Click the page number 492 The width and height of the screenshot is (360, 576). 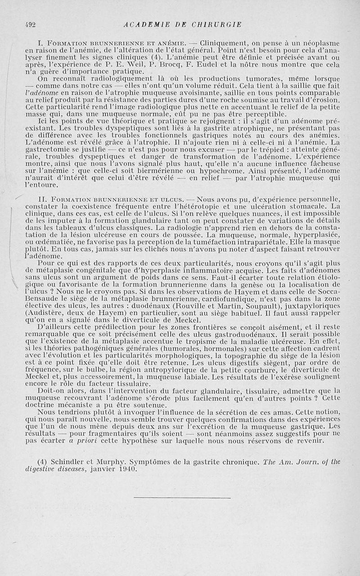[30, 24]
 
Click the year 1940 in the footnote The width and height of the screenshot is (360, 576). [127, 469]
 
